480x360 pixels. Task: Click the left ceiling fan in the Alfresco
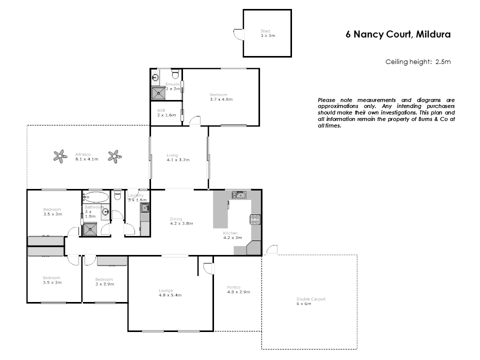[60, 156]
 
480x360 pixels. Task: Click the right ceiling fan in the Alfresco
[115, 156]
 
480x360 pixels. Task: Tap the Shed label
[265, 31]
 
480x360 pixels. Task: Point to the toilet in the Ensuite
[174, 74]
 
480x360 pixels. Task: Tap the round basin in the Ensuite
[155, 77]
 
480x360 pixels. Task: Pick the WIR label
[161, 110]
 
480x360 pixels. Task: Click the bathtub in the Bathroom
[94, 196]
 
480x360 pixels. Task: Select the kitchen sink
[238, 194]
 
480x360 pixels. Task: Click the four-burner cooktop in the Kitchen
[255, 219]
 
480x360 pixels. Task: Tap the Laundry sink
[144, 208]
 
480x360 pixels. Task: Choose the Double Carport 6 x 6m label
[310, 301]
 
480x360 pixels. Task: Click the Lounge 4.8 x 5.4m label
[169, 292]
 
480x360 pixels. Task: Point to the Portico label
[233, 287]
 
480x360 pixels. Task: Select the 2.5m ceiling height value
[443, 62]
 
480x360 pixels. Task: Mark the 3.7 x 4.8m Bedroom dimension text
[221, 99]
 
